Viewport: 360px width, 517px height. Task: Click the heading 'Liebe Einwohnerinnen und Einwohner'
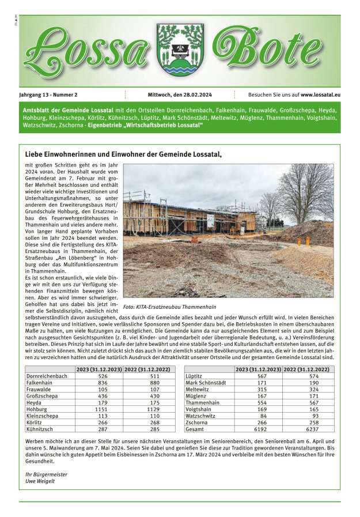[123, 154]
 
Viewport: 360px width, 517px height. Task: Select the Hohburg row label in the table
[37, 409]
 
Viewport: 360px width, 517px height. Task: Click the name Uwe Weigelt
[40, 481]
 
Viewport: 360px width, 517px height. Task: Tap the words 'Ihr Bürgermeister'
[47, 473]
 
